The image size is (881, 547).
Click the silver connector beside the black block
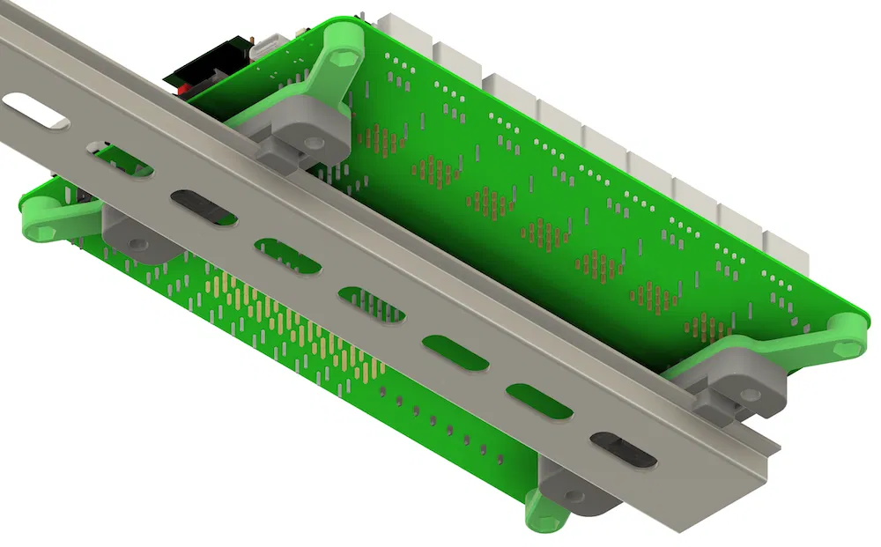pos(264,47)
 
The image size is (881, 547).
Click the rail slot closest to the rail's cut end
pos(623,448)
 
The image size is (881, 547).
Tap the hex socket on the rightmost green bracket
pos(849,347)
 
